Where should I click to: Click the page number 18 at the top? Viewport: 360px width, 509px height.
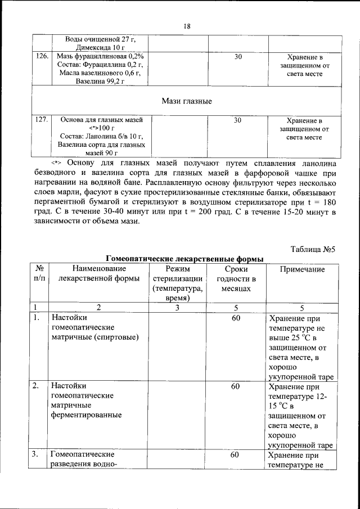pos(187,26)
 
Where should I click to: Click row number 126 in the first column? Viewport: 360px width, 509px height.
pos(41,57)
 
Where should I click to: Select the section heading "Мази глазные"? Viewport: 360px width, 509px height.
pos(187,101)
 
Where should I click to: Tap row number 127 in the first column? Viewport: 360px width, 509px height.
pos(41,120)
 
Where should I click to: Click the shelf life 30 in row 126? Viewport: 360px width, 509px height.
pos(238,57)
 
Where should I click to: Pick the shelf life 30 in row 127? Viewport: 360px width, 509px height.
pos(238,120)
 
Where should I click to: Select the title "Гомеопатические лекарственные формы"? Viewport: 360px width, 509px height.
pos(185,259)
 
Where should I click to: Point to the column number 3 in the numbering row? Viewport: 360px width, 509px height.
pos(177,308)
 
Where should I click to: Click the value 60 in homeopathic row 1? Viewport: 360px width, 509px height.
pos(236,318)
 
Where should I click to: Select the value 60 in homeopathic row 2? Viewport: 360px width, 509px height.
pos(236,386)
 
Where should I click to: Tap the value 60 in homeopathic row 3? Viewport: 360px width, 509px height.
pos(236,455)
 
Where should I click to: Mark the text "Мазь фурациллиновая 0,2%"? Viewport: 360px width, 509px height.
pos(101,57)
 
